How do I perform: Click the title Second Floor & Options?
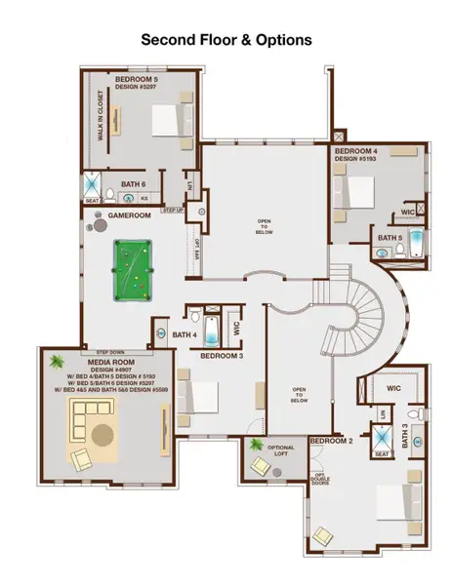tap(226, 40)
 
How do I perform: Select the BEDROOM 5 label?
tap(136, 78)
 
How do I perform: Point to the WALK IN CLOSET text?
tap(100, 117)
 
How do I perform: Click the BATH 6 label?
tap(134, 182)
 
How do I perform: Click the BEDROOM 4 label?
tap(355, 151)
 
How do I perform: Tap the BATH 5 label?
tap(389, 237)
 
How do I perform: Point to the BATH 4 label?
tap(185, 335)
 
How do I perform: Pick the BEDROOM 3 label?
tap(221, 356)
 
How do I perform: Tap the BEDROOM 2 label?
tap(330, 442)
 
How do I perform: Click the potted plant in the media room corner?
tap(56, 359)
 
